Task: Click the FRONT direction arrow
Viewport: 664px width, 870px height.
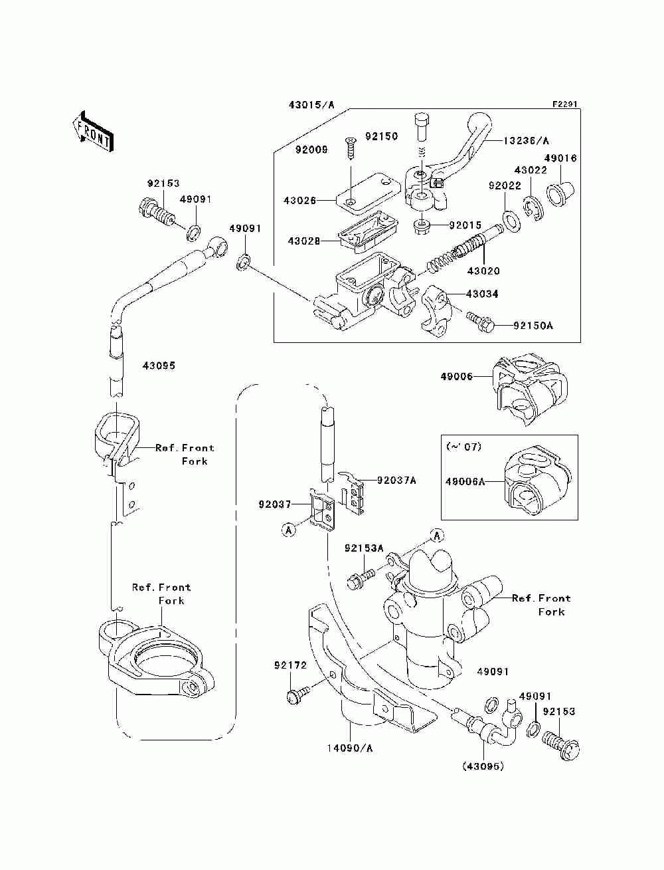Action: coord(94,131)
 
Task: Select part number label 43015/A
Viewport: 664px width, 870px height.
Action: coord(311,105)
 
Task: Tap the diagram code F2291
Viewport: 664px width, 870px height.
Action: coord(565,104)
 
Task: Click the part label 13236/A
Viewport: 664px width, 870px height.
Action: coord(526,141)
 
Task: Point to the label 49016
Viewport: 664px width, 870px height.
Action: coord(560,158)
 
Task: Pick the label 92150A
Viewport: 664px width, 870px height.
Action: coord(533,326)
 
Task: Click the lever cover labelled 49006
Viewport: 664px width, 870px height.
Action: coord(529,389)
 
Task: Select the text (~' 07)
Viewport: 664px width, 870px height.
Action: coord(463,447)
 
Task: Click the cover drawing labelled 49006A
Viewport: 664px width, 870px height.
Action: coord(537,481)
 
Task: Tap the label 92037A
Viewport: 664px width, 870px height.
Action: coord(396,481)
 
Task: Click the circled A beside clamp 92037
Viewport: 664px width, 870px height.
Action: coord(289,530)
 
